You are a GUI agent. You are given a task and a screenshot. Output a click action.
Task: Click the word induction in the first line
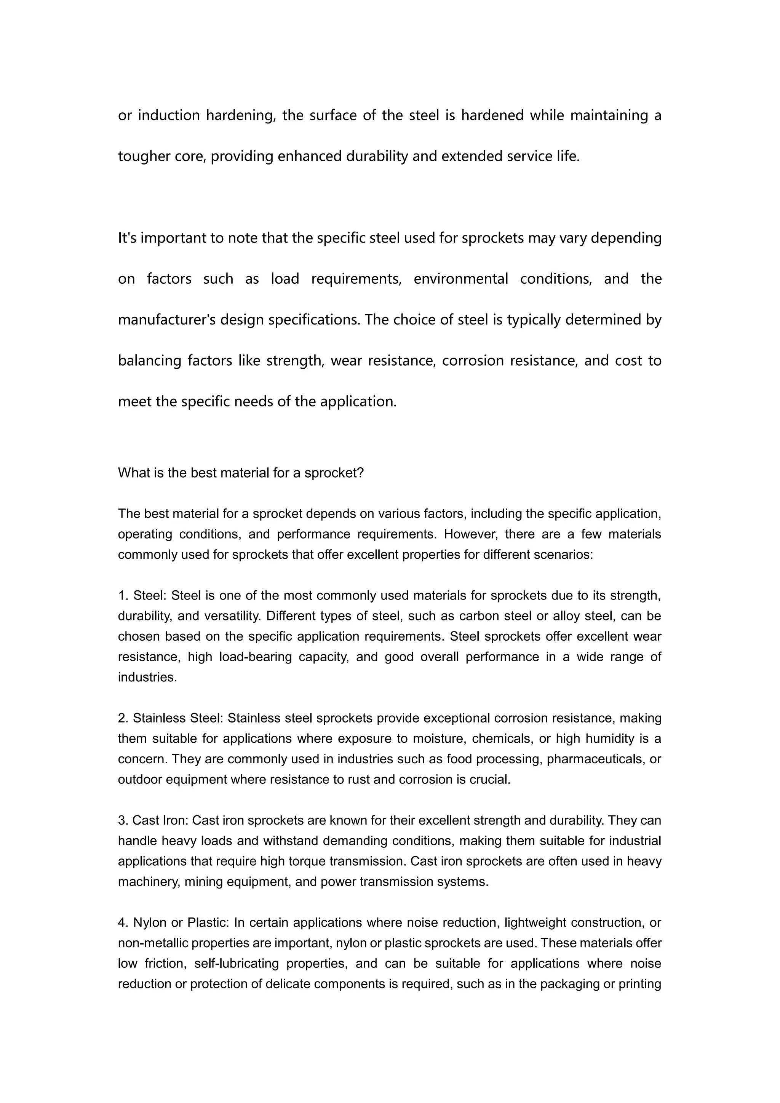[169, 115]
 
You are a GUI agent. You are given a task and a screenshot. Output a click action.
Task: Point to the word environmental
[460, 279]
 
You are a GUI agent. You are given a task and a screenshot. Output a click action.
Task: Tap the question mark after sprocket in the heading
[361, 473]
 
